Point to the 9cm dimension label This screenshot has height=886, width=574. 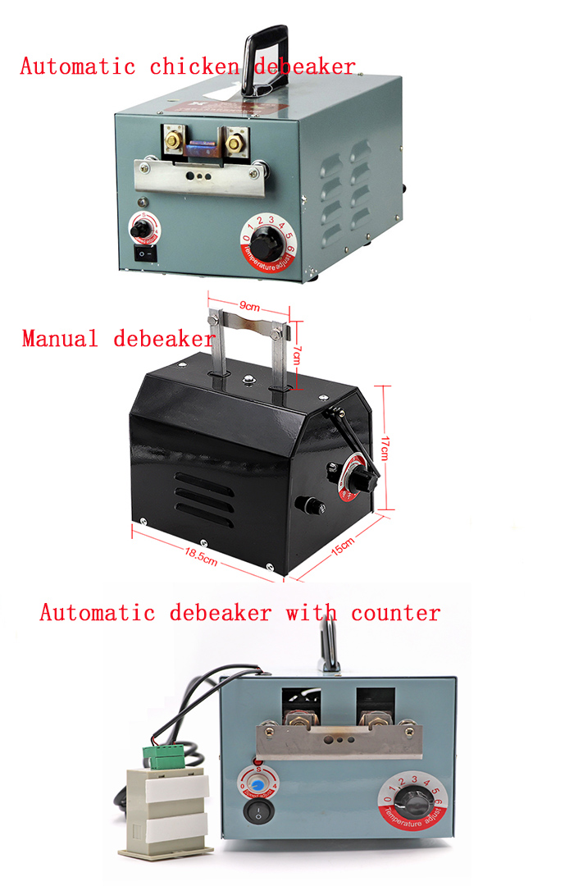pyautogui.click(x=248, y=307)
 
